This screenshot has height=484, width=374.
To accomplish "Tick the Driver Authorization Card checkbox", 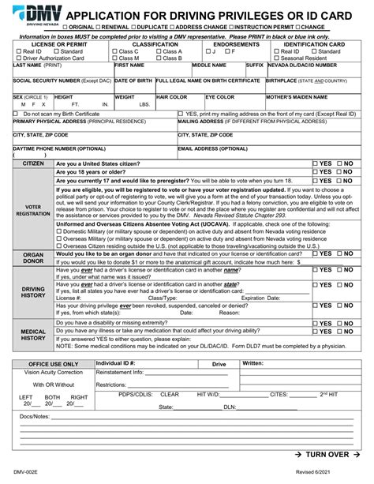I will click(19, 59).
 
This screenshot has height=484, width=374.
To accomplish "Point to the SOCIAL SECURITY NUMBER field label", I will click(49, 81).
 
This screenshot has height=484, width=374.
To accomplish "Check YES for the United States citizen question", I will click(316, 163).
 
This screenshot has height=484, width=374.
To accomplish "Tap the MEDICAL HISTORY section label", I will click(33, 334).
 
